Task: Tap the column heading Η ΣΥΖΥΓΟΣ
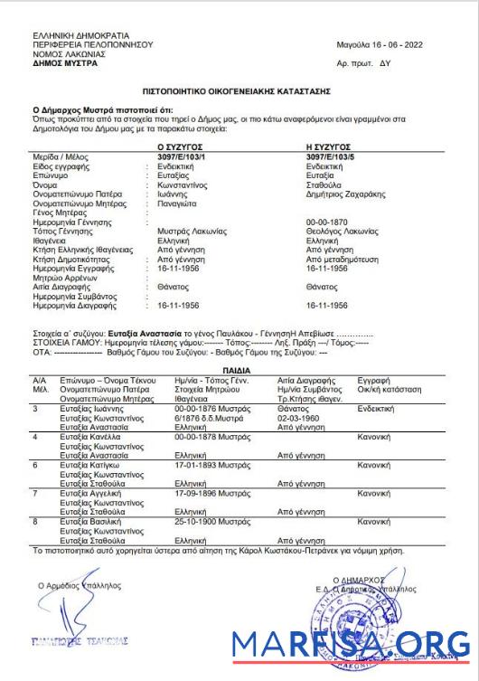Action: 330,146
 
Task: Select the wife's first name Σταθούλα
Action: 326,184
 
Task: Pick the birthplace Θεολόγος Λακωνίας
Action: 344,233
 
